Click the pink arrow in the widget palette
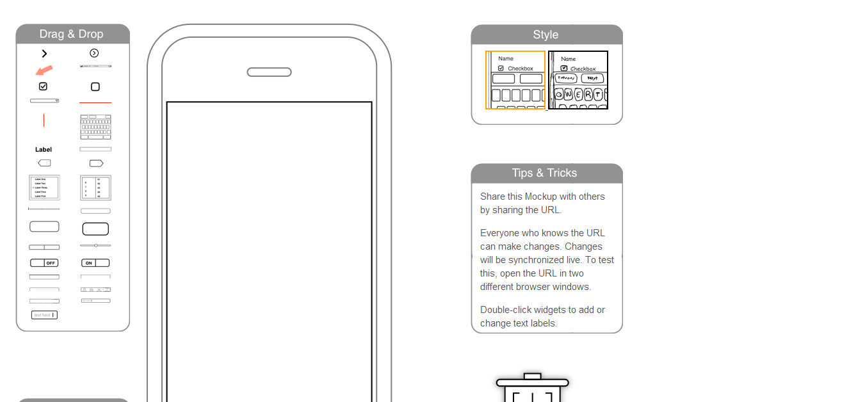click(x=44, y=69)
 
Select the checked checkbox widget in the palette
click(x=43, y=86)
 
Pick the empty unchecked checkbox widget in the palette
click(x=95, y=86)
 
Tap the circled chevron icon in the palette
click(x=94, y=53)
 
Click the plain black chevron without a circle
click(x=44, y=54)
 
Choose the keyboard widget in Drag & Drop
click(x=95, y=127)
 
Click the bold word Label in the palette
click(x=44, y=149)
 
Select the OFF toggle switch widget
click(x=44, y=263)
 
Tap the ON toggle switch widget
click(x=95, y=263)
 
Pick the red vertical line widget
click(x=44, y=120)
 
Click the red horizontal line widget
click(x=95, y=102)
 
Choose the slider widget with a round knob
click(x=95, y=245)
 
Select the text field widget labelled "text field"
click(x=44, y=315)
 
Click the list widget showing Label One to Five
click(x=44, y=188)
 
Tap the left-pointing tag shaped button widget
click(x=44, y=163)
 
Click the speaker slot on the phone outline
click(x=269, y=72)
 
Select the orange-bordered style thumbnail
click(x=515, y=80)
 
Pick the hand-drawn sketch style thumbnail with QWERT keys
click(x=578, y=80)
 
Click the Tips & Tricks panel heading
click(x=545, y=173)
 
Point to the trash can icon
click(x=532, y=389)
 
